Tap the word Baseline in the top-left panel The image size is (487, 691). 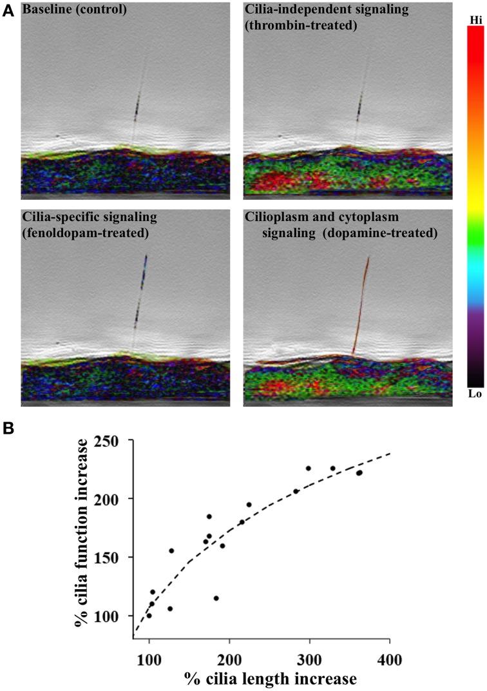(x=46, y=10)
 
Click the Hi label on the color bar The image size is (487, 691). (x=476, y=21)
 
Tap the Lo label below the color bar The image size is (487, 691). (x=476, y=393)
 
